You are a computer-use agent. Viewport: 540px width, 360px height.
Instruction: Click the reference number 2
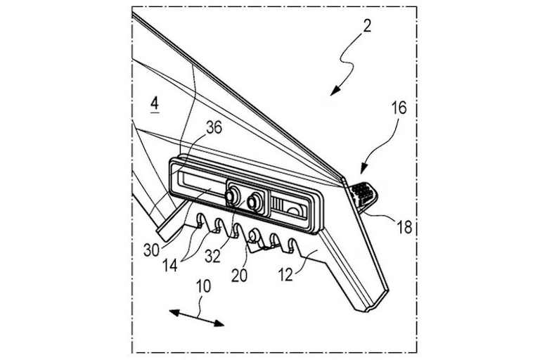tap(367, 26)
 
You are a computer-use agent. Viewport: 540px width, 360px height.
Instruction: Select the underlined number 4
tap(155, 103)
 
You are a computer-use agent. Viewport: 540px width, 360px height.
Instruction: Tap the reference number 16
tap(399, 108)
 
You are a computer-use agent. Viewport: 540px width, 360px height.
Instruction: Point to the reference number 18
tap(404, 227)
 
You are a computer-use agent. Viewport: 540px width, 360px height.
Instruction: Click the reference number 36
tap(214, 128)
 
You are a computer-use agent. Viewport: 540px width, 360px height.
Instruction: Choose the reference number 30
tap(152, 250)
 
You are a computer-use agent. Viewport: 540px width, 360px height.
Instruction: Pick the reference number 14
tap(169, 266)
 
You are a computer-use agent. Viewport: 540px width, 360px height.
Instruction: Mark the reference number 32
tap(212, 257)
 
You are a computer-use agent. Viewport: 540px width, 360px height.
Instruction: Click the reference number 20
tap(239, 276)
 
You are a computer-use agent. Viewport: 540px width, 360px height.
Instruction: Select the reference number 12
tap(285, 275)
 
